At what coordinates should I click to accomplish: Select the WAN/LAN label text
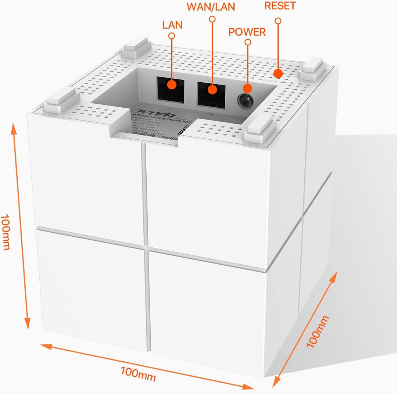click(x=211, y=7)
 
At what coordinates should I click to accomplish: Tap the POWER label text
click(x=247, y=32)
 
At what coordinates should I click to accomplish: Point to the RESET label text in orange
click(x=280, y=6)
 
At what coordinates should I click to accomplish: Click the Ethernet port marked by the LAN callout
click(x=171, y=87)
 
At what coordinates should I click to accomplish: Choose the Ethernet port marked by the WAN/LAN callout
click(x=211, y=92)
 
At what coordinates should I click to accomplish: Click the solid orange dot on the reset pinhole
click(x=278, y=74)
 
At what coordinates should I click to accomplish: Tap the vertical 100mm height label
click(x=5, y=232)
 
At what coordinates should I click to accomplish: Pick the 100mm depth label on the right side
click(x=318, y=332)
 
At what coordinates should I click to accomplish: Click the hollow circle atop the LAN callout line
click(x=171, y=36)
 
